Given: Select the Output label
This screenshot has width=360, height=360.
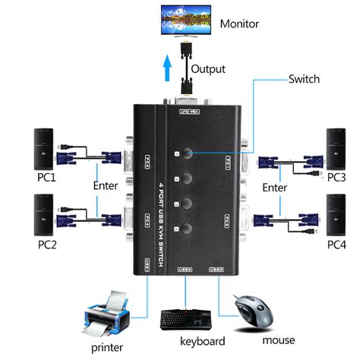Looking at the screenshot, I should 208,69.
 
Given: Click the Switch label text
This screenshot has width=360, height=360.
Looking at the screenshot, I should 304,79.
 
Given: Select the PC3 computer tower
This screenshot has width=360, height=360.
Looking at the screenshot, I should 339,149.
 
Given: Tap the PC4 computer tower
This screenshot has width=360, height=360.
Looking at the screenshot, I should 339,215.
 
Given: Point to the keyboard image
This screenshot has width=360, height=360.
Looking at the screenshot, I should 186,318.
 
